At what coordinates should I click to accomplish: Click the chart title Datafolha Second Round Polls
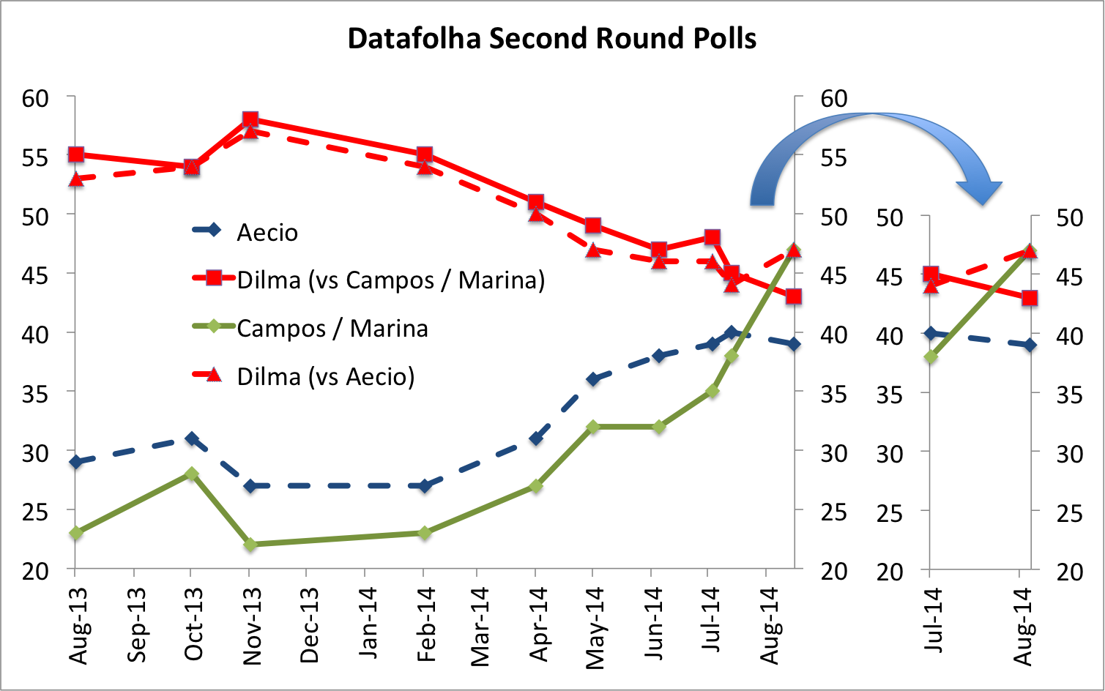click(x=551, y=38)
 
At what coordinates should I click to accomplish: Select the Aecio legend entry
click(x=267, y=232)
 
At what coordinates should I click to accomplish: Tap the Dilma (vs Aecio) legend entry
click(x=325, y=376)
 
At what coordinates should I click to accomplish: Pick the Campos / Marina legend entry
click(x=332, y=328)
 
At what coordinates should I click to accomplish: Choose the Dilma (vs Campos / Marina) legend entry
click(x=390, y=280)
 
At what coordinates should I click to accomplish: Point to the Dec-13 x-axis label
click(x=309, y=625)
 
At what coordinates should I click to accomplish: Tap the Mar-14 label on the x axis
click(x=480, y=627)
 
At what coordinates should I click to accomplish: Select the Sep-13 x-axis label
click(x=137, y=625)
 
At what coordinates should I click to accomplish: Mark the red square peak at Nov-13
click(x=250, y=119)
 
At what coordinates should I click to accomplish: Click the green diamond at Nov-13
click(x=250, y=545)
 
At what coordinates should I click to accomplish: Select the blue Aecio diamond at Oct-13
click(x=191, y=438)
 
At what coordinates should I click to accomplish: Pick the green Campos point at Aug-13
click(x=76, y=533)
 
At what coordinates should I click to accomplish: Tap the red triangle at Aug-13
click(x=76, y=179)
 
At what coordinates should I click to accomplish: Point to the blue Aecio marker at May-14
click(x=593, y=379)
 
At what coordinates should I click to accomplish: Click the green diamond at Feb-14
click(x=424, y=533)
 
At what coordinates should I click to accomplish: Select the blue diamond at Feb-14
click(x=424, y=485)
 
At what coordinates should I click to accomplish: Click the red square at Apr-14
click(x=536, y=202)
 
